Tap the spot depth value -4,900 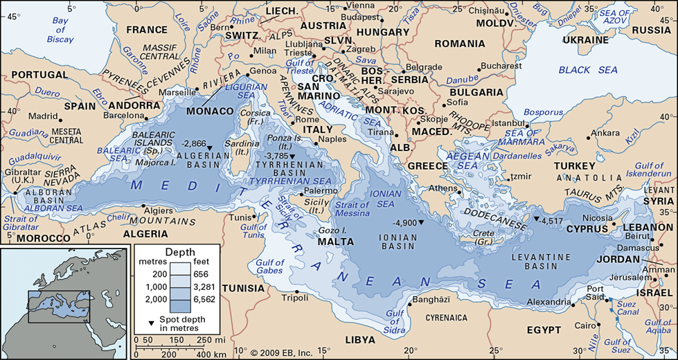[x=404, y=224]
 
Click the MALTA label [x=335, y=242]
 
